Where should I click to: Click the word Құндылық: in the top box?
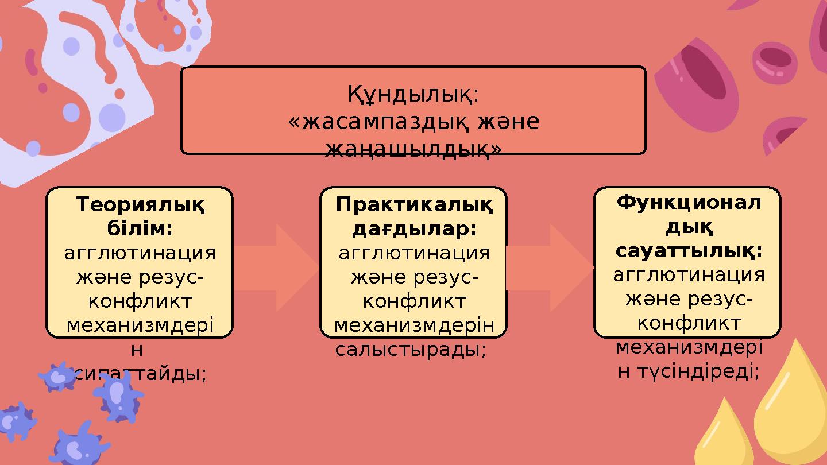pyautogui.click(x=413, y=94)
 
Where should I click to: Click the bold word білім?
pyautogui.click(x=140, y=229)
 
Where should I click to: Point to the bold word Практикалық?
pyautogui.click(x=414, y=204)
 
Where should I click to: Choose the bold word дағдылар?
pyautogui.click(x=414, y=229)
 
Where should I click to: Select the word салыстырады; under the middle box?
pyautogui.click(x=411, y=350)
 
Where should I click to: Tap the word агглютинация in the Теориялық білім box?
pyautogui.click(x=140, y=253)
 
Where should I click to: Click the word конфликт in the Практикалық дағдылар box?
pyautogui.click(x=414, y=301)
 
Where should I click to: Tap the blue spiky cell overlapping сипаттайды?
pyautogui.click(x=118, y=396)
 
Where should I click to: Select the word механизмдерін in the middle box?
pyautogui.click(x=414, y=325)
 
